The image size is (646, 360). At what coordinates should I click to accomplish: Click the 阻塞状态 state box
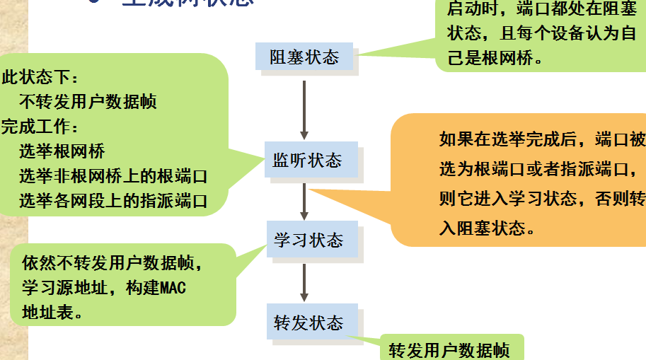tap(305, 57)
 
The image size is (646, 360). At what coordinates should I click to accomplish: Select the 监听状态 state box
tap(307, 161)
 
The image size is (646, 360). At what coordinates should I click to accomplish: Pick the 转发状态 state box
tap(308, 323)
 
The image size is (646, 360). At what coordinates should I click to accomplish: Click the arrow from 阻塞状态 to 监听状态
tap(304, 109)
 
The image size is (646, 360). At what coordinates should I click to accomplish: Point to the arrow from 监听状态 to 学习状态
tap(304, 201)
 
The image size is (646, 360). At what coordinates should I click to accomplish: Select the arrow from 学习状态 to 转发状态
tap(304, 283)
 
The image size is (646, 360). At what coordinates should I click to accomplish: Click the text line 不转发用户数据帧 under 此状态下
tap(88, 101)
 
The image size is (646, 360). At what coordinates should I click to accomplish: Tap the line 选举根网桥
tap(62, 151)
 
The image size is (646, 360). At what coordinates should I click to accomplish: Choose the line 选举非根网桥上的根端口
tap(113, 175)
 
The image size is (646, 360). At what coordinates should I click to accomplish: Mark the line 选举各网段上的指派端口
tap(113, 200)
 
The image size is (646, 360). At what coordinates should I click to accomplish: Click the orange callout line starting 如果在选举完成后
tap(541, 139)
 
